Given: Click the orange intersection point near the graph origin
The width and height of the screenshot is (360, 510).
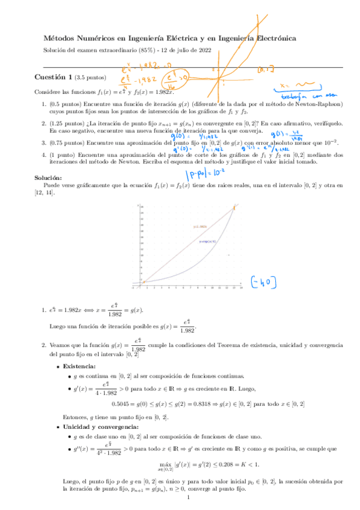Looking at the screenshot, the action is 143,280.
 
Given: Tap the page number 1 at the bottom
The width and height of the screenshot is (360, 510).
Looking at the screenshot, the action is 188,499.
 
